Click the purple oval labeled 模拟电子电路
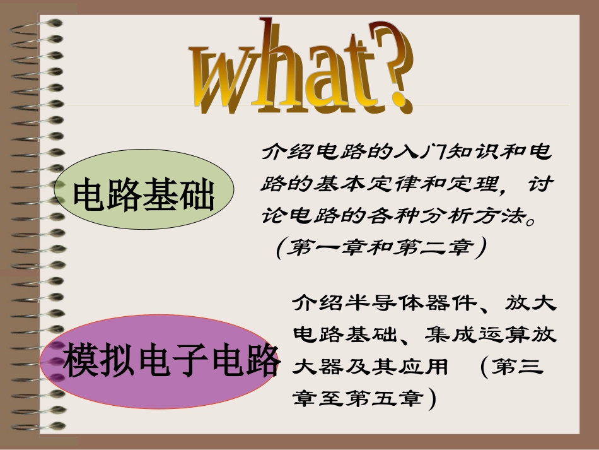pos(158,360)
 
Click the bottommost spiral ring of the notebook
pos(44,427)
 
